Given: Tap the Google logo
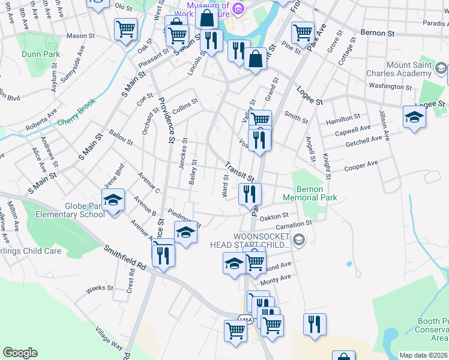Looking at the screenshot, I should (x=20, y=353).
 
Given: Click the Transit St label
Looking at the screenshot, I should (x=240, y=172).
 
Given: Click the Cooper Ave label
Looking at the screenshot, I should (x=361, y=165).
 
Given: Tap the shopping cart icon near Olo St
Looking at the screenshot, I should (x=125, y=28).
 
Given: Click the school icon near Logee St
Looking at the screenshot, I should (x=414, y=116).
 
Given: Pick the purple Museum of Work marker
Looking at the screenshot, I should (x=239, y=8).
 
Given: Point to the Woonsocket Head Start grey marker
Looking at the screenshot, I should (x=300, y=241).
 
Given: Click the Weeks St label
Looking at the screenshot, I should (x=100, y=289).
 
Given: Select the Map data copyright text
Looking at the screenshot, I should (x=424, y=355).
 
